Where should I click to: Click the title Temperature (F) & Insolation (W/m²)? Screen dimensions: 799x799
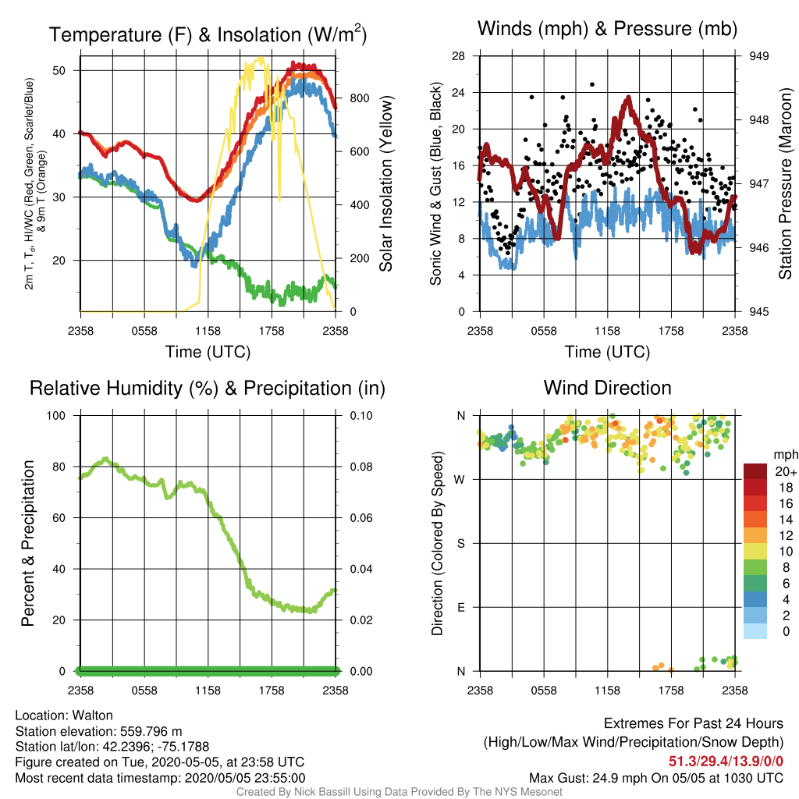pyautogui.click(x=208, y=34)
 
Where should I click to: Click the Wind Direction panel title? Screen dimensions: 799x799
pyautogui.click(x=607, y=388)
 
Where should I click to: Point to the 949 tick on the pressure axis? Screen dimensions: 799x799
pyautogui.click(x=758, y=56)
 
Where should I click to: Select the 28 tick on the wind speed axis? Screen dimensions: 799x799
pyautogui.click(x=458, y=56)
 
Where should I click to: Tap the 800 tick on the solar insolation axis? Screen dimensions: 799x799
pyautogui.click(x=360, y=98)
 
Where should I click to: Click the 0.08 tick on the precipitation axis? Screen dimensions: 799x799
pyautogui.click(x=361, y=467)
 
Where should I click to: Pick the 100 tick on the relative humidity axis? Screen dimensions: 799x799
pyautogui.click(x=56, y=416)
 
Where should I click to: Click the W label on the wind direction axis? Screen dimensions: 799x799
pyautogui.click(x=460, y=480)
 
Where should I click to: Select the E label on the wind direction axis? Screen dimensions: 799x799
pyautogui.click(x=461, y=607)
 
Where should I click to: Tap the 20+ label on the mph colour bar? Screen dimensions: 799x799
pyautogui.click(x=786, y=471)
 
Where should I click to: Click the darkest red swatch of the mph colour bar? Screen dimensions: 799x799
pyautogui.click(x=755, y=471)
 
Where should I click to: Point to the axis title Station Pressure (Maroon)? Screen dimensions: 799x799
pyautogui.click(x=785, y=183)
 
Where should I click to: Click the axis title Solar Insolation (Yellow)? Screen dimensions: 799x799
pyautogui.click(x=385, y=183)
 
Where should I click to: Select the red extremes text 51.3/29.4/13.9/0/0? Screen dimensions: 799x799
pyautogui.click(x=726, y=762)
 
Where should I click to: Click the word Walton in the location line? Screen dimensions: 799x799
pyautogui.click(x=92, y=716)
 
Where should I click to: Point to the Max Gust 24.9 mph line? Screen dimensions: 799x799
pyautogui.click(x=655, y=778)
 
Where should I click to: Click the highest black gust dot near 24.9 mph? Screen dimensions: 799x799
pyautogui.click(x=591, y=84)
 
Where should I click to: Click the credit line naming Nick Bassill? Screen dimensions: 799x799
pyautogui.click(x=399, y=792)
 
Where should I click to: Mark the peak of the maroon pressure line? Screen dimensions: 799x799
pyautogui.click(x=629, y=98)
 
